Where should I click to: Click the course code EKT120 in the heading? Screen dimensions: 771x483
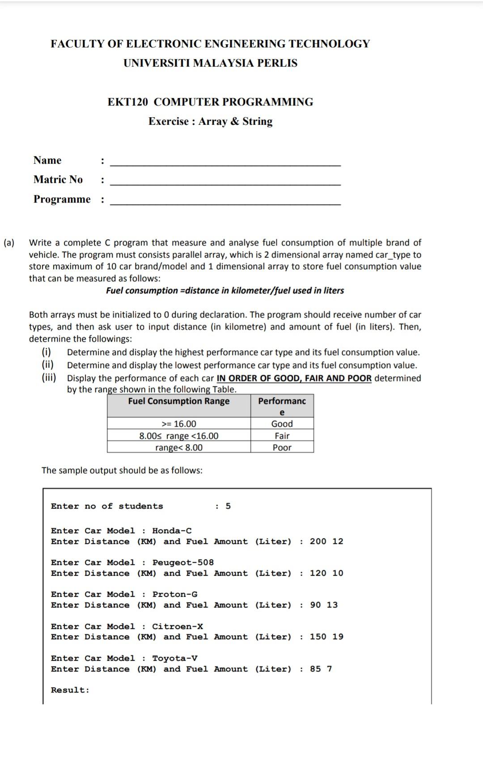127,102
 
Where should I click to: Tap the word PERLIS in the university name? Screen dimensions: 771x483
277,63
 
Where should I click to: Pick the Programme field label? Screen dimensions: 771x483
62,199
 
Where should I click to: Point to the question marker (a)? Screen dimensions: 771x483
9,243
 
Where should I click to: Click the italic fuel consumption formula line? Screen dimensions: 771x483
225,291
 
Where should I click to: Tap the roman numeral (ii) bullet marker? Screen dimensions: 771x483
48,365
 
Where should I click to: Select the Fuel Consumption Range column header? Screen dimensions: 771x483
178,401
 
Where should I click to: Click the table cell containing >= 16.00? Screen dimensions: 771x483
178,424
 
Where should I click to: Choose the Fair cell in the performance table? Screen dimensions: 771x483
282,436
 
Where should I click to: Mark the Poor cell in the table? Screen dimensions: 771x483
282,448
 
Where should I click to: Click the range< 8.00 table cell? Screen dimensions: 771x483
178,448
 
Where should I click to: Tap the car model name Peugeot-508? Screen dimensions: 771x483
183,562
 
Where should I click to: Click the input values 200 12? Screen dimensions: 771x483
326,542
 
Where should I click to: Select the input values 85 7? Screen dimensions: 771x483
321,669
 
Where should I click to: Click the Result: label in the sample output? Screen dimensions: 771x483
70,690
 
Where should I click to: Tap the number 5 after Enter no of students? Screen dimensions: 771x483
228,506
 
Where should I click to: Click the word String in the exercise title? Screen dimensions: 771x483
257,122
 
